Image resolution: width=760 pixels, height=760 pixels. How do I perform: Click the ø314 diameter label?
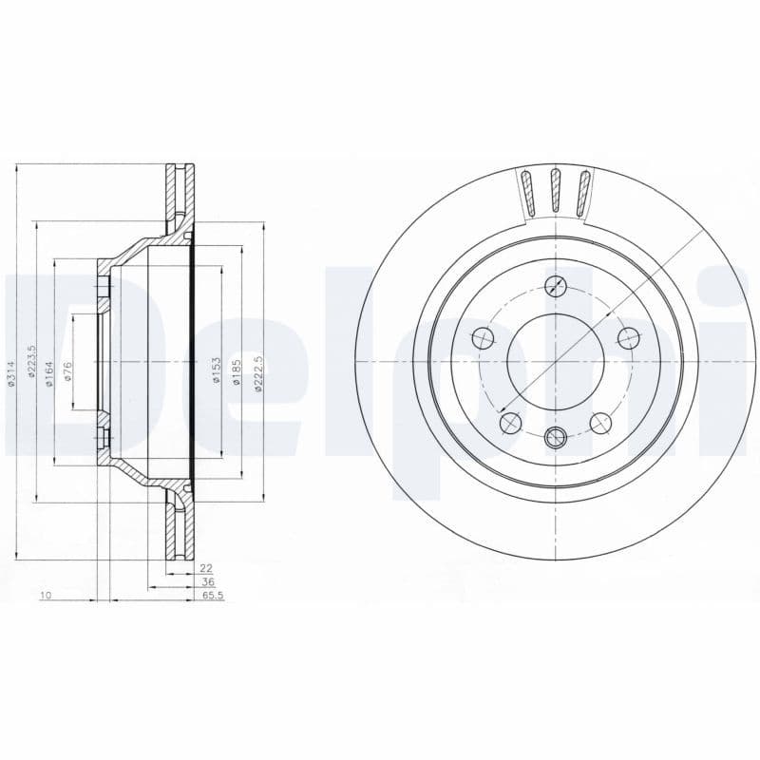pos(12,373)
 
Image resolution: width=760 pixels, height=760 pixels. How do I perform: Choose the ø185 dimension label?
pos(237,370)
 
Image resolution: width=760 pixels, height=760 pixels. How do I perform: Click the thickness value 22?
pos(205,568)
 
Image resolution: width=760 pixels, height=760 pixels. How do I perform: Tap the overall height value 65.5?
pos(211,596)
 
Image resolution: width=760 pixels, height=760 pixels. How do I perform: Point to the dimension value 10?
pos(44,596)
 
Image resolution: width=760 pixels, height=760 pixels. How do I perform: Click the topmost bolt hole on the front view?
pos(560,286)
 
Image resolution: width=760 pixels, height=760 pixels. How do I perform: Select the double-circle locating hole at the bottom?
pos(556,437)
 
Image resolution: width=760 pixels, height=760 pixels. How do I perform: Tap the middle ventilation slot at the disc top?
pos(556,191)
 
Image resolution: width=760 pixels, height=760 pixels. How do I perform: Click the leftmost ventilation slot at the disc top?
pos(527,193)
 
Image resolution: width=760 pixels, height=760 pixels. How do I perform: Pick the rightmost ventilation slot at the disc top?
pos(583,193)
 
